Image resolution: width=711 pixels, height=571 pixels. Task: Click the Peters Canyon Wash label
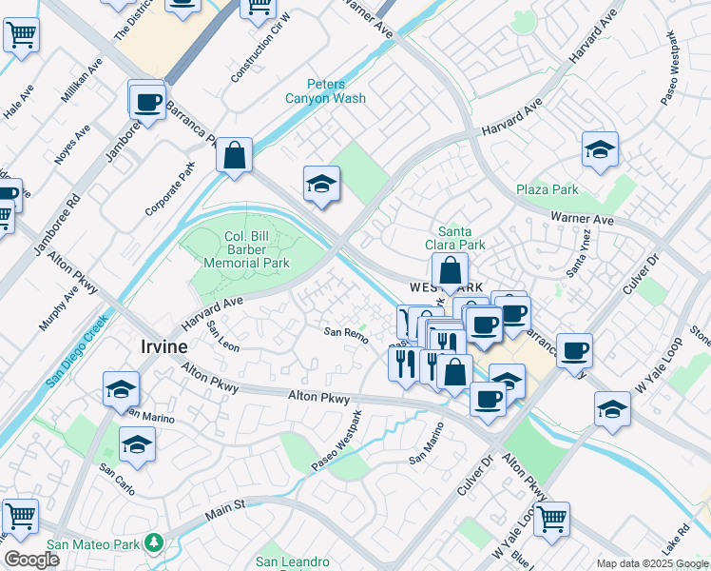[x=324, y=90]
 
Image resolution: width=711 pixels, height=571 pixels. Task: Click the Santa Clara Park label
[x=461, y=238]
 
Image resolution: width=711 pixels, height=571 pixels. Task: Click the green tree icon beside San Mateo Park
[x=155, y=543]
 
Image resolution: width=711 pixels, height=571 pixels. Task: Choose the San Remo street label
[x=345, y=331]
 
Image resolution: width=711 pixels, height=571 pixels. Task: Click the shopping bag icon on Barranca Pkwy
[x=233, y=155]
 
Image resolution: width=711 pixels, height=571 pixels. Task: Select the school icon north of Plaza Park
[x=600, y=149]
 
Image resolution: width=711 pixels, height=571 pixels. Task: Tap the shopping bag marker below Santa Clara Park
[x=450, y=270]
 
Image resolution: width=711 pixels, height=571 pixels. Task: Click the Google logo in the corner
[x=31, y=560]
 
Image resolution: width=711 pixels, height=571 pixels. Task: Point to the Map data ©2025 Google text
[x=652, y=563]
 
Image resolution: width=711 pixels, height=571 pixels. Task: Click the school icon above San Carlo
[x=137, y=444]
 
